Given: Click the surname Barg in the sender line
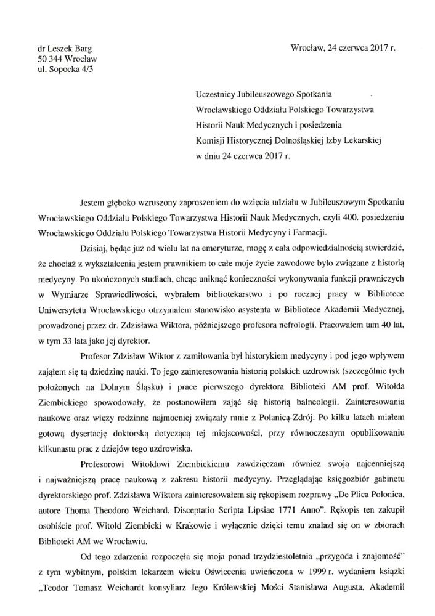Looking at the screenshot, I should click(80, 48).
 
